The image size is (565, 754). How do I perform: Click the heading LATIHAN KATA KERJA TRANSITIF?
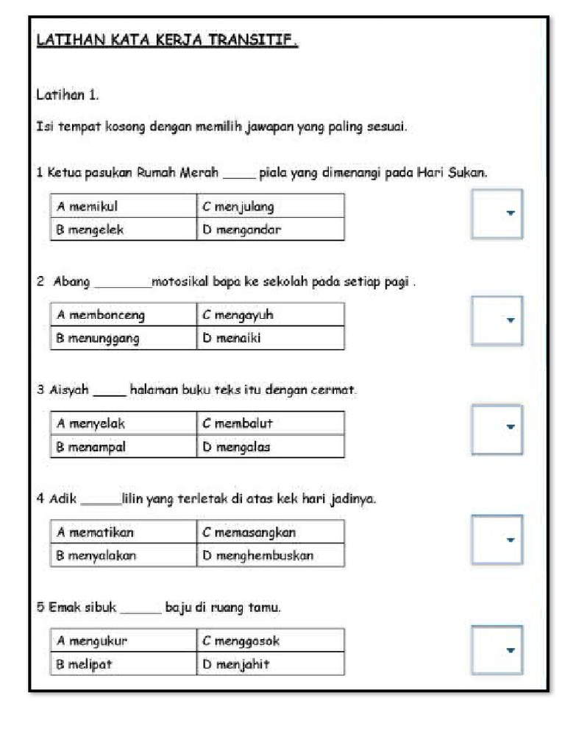[x=167, y=40]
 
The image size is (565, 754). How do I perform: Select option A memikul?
[x=124, y=206]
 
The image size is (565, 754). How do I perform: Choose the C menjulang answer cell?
[x=270, y=206]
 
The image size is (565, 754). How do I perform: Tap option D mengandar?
[x=270, y=229]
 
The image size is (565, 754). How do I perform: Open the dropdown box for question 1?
[x=497, y=214]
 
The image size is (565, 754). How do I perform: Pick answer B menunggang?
[x=124, y=338]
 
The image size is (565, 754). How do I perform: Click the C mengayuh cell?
[x=270, y=315]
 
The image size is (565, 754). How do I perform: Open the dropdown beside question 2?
[x=497, y=321]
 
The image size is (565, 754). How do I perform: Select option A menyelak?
[x=124, y=423]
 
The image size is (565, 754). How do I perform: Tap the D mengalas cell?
[x=270, y=446]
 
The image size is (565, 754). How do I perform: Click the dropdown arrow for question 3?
[x=510, y=426]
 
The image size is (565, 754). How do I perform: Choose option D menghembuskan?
[x=270, y=555]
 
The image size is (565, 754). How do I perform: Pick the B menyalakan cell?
[x=124, y=555]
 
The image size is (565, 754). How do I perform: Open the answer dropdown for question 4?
[x=497, y=539]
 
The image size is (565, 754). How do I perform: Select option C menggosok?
[x=270, y=641]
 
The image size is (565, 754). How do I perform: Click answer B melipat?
[x=124, y=663]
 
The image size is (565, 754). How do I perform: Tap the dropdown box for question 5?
[x=497, y=649]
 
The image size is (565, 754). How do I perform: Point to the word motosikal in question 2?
[x=180, y=281]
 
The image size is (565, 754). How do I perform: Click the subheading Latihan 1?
[x=67, y=95]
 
